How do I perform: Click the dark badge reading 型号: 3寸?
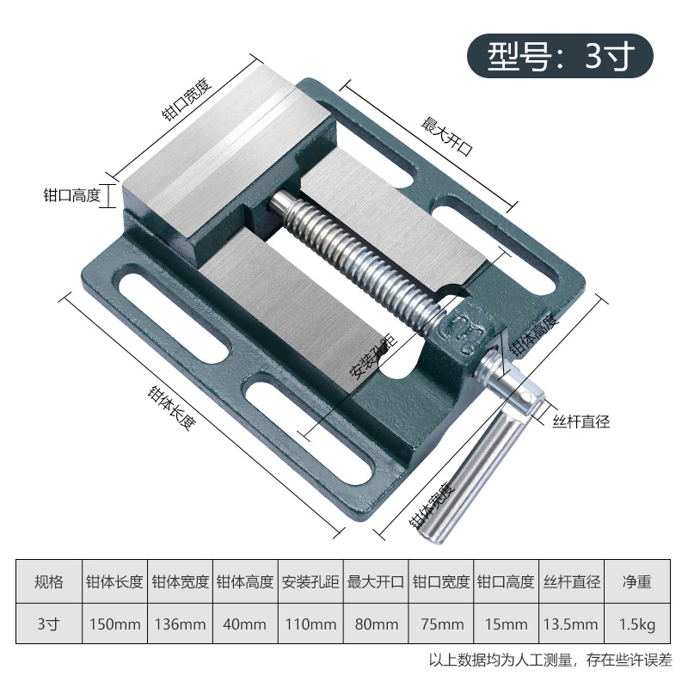click(x=560, y=56)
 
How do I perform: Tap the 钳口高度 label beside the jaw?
click(x=72, y=196)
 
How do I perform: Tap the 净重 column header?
click(x=636, y=581)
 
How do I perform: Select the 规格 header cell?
click(x=49, y=581)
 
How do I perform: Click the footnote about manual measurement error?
click(x=550, y=661)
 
